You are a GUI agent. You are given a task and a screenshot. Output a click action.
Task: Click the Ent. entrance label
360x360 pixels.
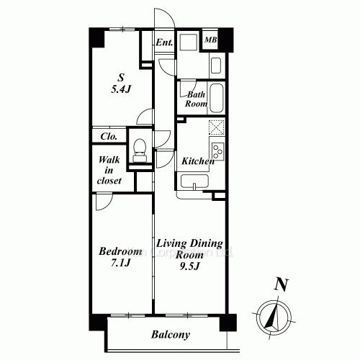(164, 42)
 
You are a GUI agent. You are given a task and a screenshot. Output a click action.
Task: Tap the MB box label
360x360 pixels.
(211, 40)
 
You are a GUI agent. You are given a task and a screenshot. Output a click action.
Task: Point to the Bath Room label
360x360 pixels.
(197, 99)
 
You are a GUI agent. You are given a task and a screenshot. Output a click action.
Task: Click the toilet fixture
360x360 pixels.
(140, 150)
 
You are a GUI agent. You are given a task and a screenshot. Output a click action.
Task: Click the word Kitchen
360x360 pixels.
(197, 161)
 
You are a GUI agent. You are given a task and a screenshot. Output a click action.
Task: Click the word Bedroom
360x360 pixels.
(120, 251)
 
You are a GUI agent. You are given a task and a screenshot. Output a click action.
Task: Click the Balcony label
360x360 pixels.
(171, 335)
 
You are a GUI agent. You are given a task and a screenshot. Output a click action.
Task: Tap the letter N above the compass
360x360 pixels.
(283, 284)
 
